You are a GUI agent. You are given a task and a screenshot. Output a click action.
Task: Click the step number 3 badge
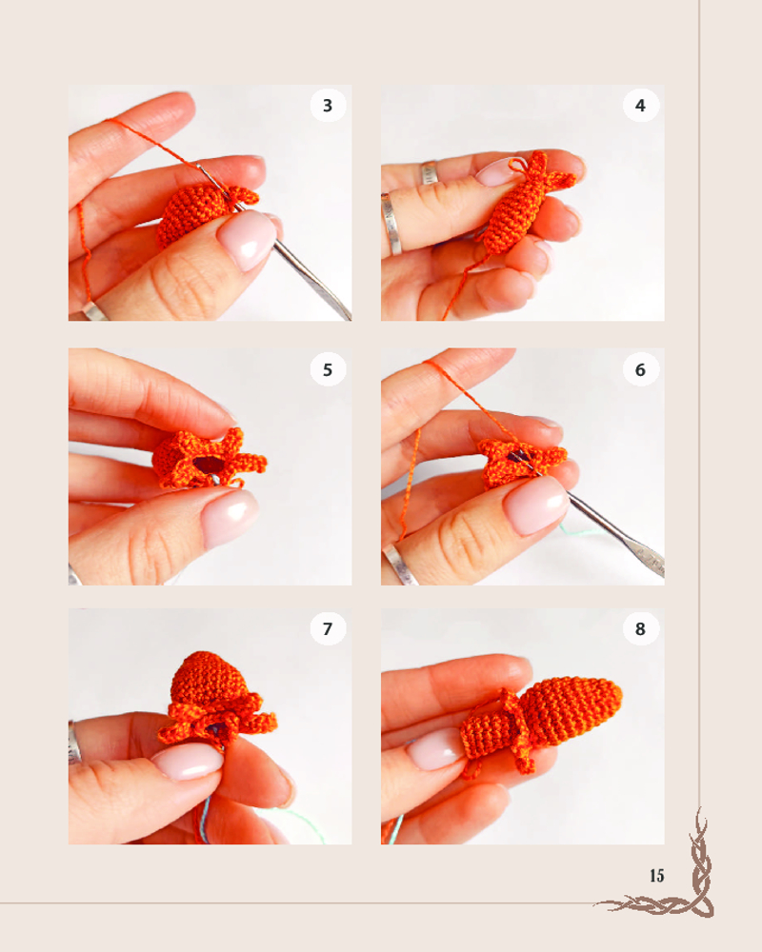click(328, 105)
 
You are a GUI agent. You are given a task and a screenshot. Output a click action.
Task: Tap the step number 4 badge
click(640, 105)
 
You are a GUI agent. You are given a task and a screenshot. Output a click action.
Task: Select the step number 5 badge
click(328, 369)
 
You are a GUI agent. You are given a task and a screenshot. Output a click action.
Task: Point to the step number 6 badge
click(640, 369)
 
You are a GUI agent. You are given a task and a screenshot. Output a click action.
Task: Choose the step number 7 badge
click(328, 628)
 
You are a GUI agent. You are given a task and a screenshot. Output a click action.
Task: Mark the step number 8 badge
click(640, 628)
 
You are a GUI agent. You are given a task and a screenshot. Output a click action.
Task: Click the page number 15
click(656, 876)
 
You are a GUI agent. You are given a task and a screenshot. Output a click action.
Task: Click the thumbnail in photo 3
click(247, 240)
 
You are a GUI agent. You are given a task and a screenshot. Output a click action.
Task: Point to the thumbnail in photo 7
click(187, 762)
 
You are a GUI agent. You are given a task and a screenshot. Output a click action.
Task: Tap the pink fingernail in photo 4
click(496, 171)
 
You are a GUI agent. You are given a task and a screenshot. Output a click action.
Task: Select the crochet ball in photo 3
click(193, 215)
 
